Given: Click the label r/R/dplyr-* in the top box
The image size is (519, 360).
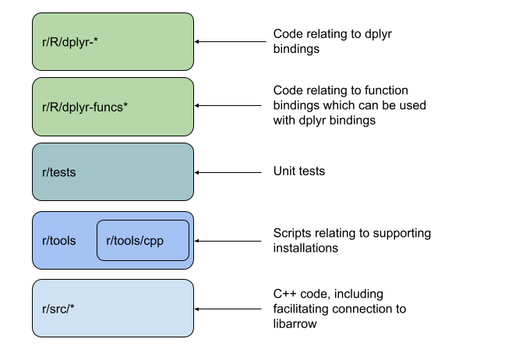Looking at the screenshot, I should coord(69,42).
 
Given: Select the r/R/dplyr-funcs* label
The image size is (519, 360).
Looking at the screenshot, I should coord(85,107).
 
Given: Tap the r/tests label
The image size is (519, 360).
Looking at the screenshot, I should coord(59,172).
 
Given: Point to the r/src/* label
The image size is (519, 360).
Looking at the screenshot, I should coord(58,309).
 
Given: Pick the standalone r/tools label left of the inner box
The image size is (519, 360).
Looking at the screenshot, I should coord(59,240).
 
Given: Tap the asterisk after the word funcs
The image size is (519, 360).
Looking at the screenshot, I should coord(125,105).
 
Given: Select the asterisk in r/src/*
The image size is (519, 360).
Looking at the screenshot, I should coord(72,307).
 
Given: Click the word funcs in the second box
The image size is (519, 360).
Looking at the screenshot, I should coord(108,107).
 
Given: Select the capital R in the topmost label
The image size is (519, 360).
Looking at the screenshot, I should coord(54,42).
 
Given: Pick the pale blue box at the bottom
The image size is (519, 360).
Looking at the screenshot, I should coord(113,309).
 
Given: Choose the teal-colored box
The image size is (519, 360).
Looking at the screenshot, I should coord(113,172).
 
